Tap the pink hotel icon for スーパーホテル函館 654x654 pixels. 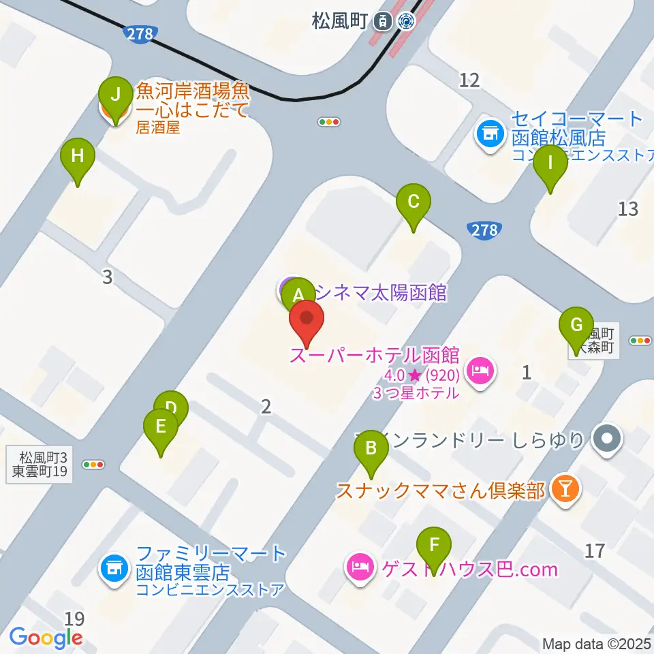481,371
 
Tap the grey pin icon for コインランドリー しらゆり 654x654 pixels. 606,436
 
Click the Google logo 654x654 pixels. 46,637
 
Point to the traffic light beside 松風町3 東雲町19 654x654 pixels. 93,465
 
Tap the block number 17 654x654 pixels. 595,550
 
